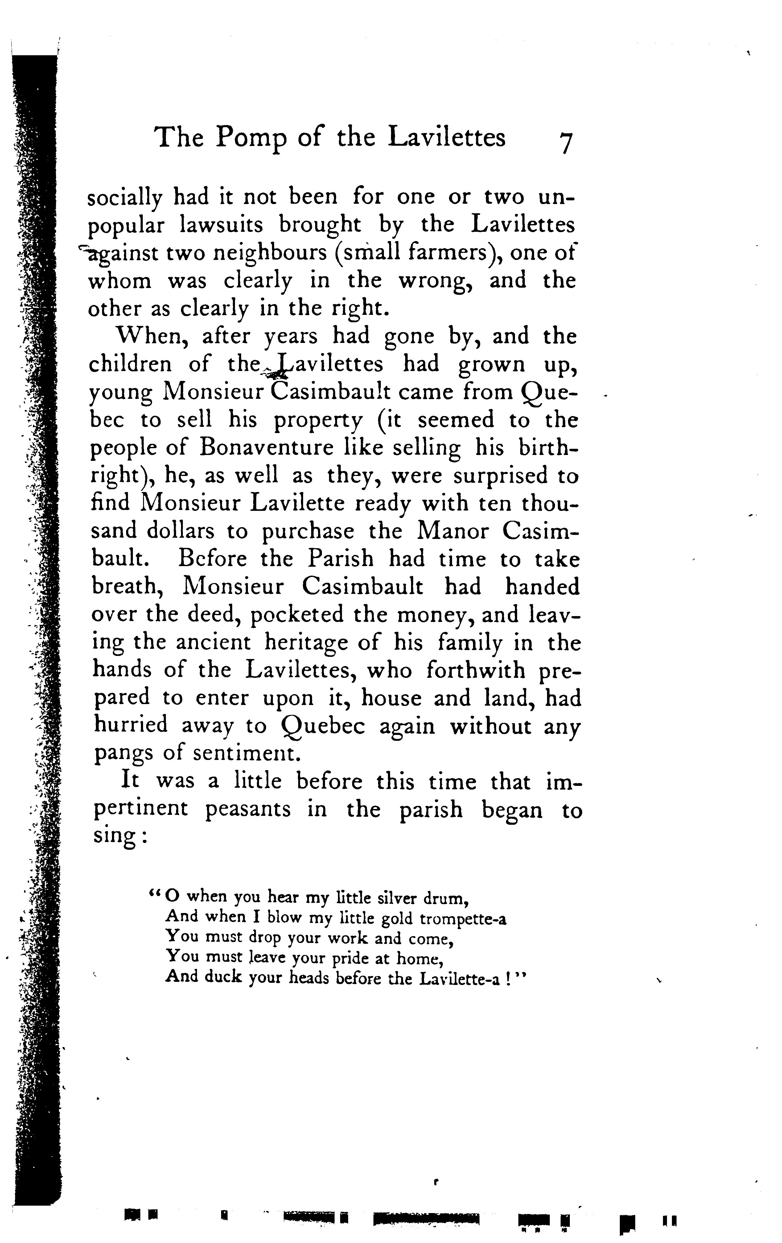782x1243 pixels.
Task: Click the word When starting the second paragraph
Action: coord(149,336)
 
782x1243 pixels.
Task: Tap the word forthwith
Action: coord(475,670)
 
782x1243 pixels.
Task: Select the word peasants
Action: coord(248,809)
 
